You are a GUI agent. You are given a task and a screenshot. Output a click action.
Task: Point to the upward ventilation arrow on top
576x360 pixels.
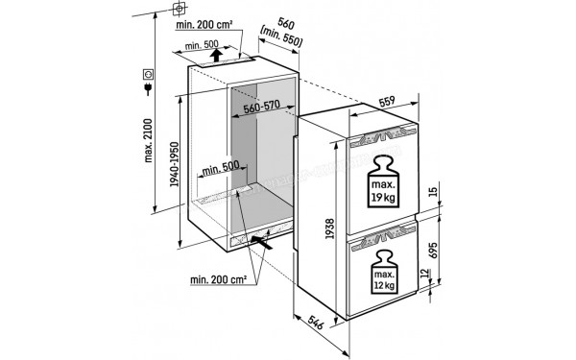click(x=217, y=55)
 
